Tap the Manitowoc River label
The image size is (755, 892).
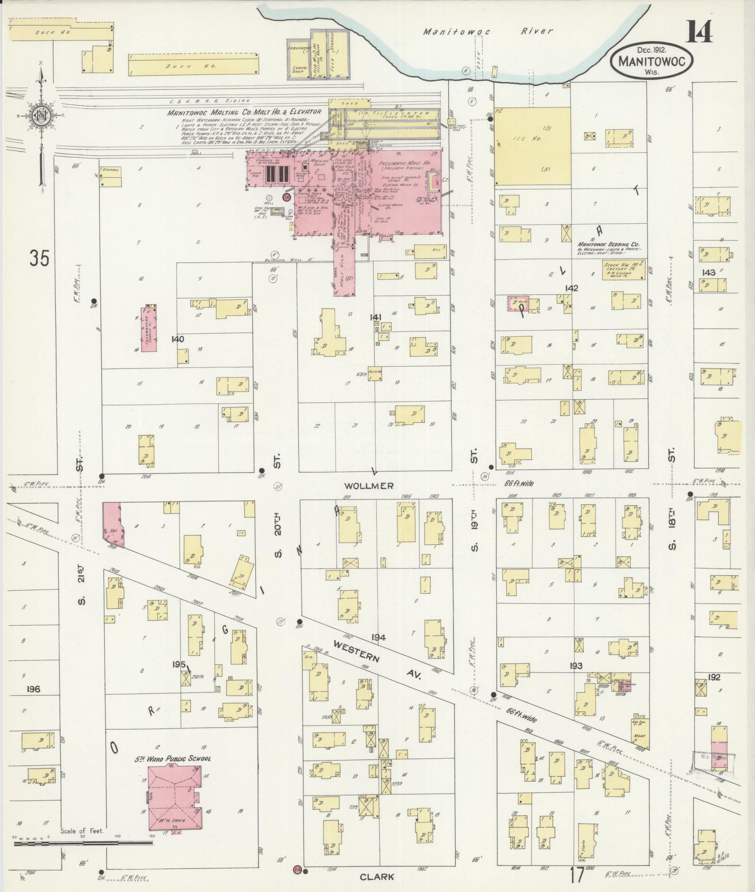[488, 31]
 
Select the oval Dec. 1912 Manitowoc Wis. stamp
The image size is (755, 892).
[651, 61]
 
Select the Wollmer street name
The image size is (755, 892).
[369, 486]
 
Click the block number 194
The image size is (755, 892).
[378, 637]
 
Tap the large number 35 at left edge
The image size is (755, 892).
[39, 258]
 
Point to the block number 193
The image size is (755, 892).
[576, 666]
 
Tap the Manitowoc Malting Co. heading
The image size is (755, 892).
[243, 112]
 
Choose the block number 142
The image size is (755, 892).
[571, 288]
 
